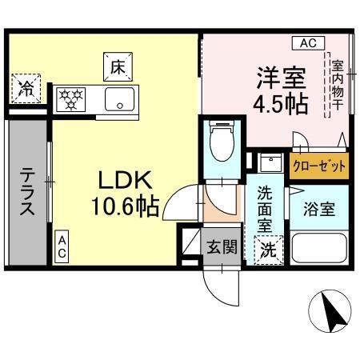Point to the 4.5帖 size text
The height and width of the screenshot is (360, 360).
[281, 106]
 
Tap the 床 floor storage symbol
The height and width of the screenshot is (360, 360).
[116, 66]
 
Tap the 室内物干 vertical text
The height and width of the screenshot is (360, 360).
[336, 82]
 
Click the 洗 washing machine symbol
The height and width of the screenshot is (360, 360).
[268, 250]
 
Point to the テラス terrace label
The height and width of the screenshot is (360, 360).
[26, 192]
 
